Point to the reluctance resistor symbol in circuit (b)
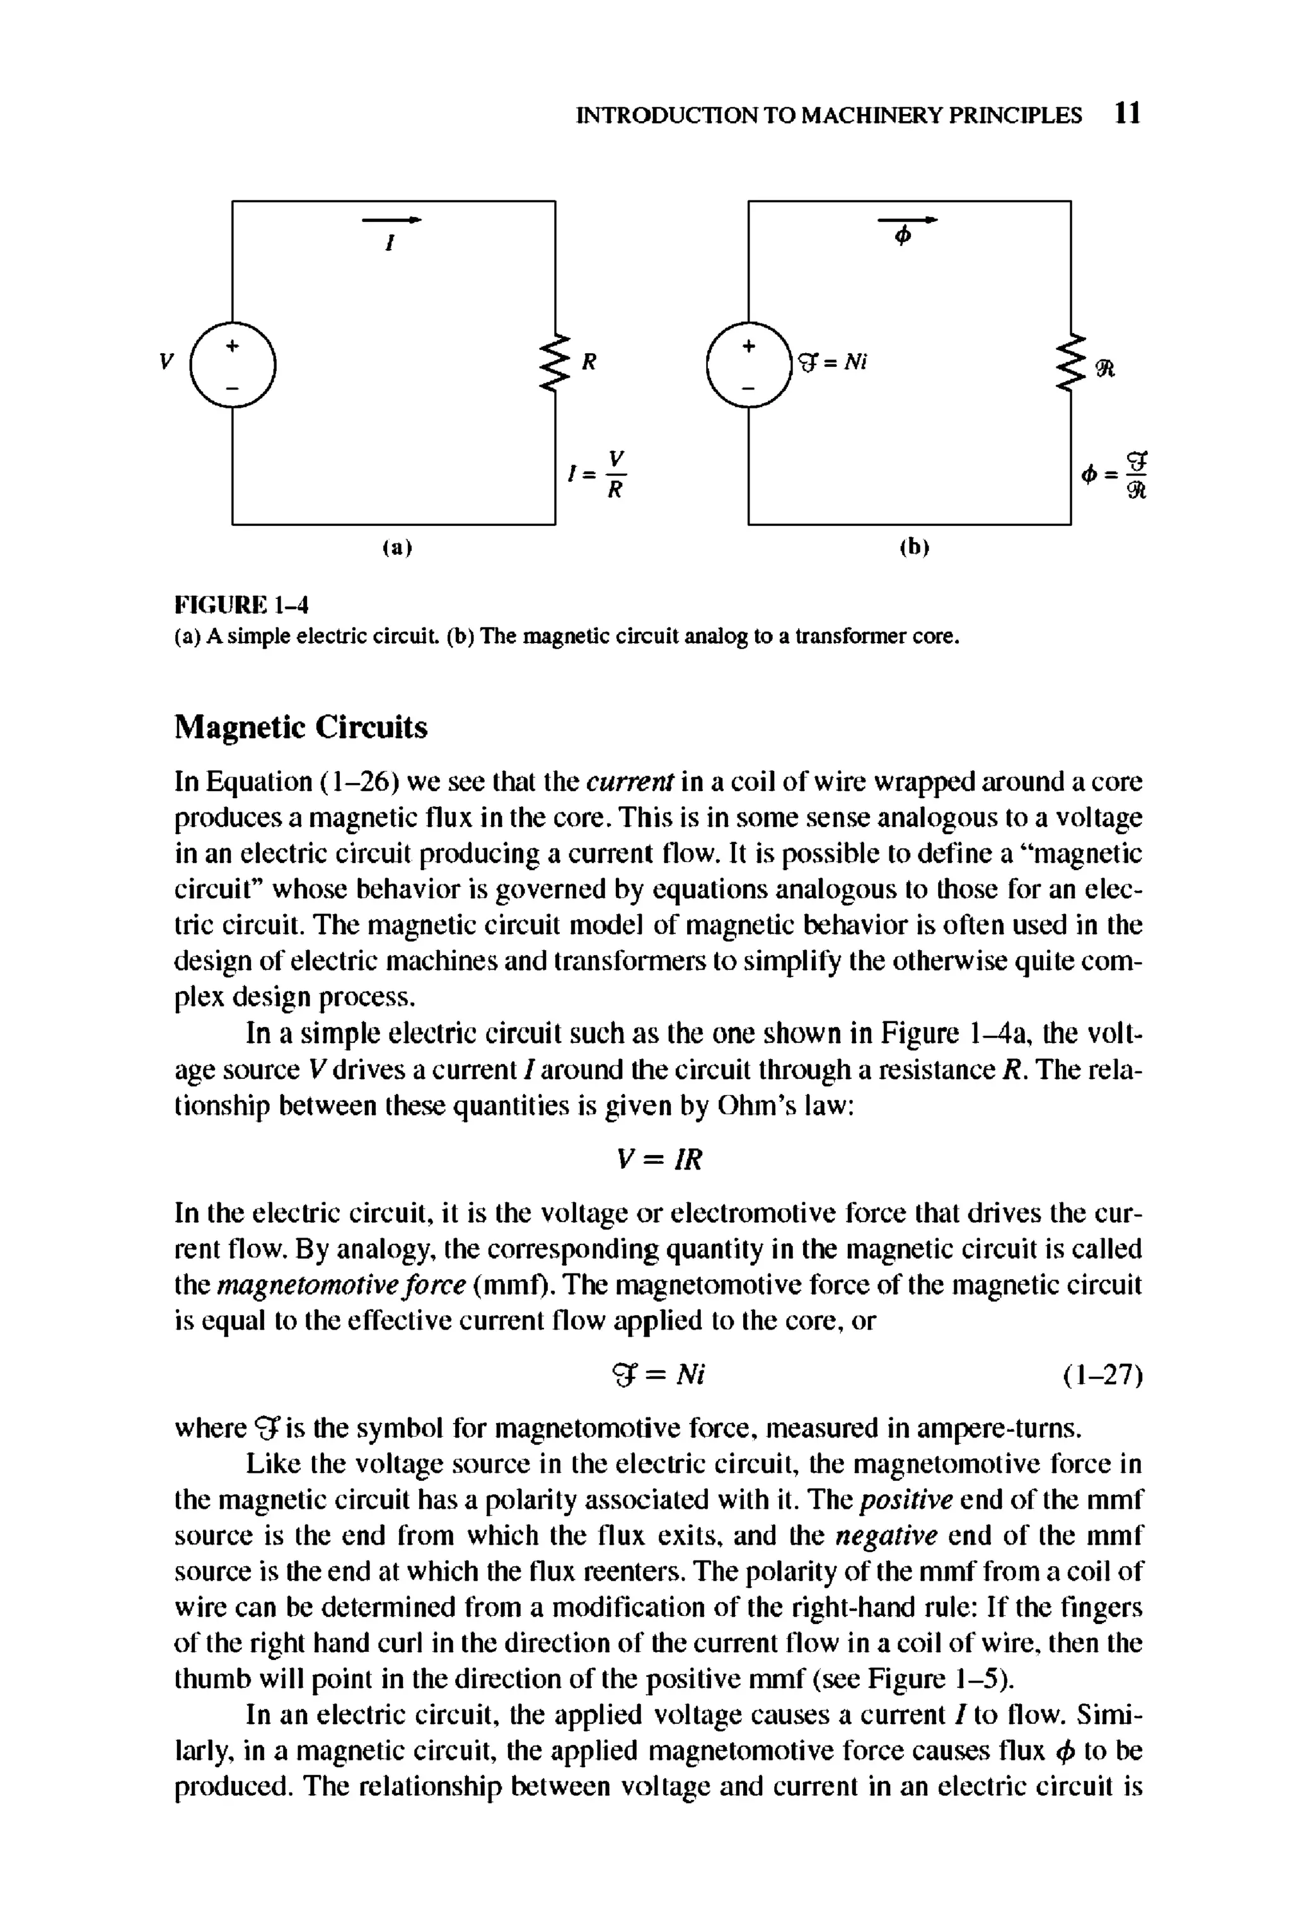[1071, 363]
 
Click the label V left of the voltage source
[167, 361]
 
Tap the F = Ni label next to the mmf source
[833, 363]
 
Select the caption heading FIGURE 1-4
[242, 605]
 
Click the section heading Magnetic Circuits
[301, 727]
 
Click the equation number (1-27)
[1102, 1375]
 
